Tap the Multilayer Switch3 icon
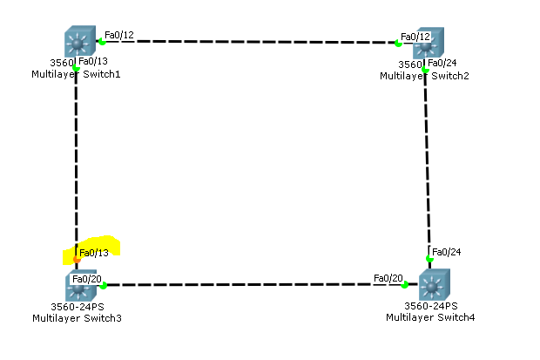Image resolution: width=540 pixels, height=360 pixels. pos(79,286)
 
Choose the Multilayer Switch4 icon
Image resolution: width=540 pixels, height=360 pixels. pos(433,285)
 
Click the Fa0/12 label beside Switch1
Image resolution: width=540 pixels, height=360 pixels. pos(118,36)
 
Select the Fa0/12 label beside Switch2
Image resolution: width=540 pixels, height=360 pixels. pos(415,37)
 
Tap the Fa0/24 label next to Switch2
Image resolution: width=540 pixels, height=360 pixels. pos(442,62)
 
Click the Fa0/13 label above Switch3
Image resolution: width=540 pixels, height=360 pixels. pos(94,253)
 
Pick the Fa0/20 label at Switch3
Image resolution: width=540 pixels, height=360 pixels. pos(88,279)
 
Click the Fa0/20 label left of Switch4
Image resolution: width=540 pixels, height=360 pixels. pos(388,278)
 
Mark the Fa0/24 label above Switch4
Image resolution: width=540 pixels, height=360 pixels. pos(447,252)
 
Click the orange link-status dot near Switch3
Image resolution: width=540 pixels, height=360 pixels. pos(77,259)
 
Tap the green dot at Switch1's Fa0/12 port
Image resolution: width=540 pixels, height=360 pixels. pos(102,42)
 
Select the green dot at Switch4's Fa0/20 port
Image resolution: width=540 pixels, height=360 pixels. pos(404,284)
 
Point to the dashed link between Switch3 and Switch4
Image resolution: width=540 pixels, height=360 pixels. pos(253,284)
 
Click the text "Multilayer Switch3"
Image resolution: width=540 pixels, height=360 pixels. pos(77,318)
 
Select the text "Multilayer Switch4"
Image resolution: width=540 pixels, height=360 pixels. pos(430,317)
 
